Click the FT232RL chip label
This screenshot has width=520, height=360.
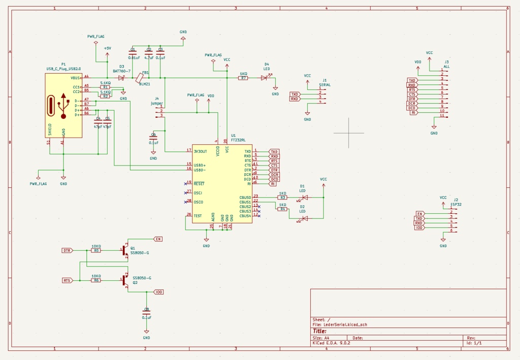pyautogui.click(x=238, y=140)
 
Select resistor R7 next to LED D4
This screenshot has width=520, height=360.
pyautogui.click(x=244, y=78)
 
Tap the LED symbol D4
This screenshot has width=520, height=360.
pyautogui.click(x=264, y=78)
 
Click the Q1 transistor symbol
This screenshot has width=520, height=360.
pyautogui.click(x=125, y=250)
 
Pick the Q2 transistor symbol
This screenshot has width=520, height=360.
pyautogui.click(x=125, y=280)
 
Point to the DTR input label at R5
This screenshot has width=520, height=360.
pyautogui.click(x=67, y=250)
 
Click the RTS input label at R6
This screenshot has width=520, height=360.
pyautogui.click(x=67, y=280)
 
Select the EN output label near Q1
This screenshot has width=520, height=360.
pyautogui.click(x=158, y=239)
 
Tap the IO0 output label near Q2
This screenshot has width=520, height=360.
pyautogui.click(x=158, y=292)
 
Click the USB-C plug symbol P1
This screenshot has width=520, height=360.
pyautogui.click(x=63, y=105)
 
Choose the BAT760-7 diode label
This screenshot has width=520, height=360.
pyautogui.click(x=122, y=71)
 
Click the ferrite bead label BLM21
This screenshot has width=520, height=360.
pyautogui.click(x=145, y=84)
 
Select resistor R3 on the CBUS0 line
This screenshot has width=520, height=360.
pyautogui.click(x=283, y=198)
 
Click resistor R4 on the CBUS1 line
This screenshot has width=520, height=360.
pyautogui.click(x=283, y=209)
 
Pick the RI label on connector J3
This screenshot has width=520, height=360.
pyautogui.click(x=414, y=113)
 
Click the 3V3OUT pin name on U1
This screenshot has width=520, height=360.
pyautogui.click(x=201, y=151)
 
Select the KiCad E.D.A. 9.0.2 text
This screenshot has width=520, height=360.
pyautogui.click(x=331, y=343)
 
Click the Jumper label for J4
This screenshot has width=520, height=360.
pyautogui.click(x=157, y=103)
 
